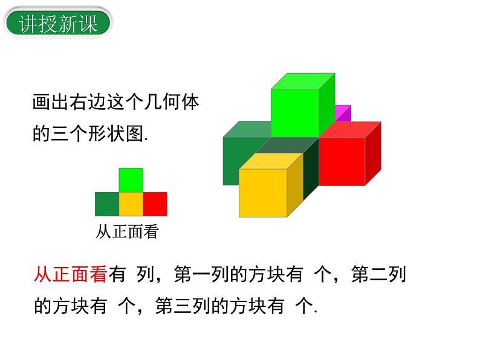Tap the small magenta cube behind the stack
pyautogui.click(x=343, y=113)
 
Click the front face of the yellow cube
pyautogui.click(x=262, y=192)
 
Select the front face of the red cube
pyautogui.click(x=342, y=161)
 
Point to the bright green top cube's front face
pyautogui.click(x=295, y=112)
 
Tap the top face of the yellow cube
pyautogui.click(x=271, y=161)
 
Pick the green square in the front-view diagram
pyautogui.click(x=131, y=180)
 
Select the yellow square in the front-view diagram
pyautogui.click(x=131, y=204)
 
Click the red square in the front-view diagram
pyautogui.click(x=155, y=204)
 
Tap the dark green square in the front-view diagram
pyautogui.click(x=106, y=204)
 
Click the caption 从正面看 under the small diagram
pyautogui.click(x=126, y=232)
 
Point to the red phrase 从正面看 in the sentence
pyautogui.click(x=70, y=275)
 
